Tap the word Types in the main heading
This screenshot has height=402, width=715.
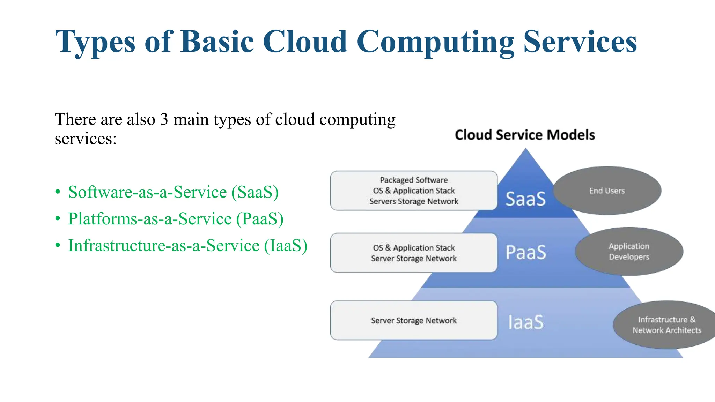click(95, 42)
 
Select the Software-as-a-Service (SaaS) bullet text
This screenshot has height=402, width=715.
click(173, 192)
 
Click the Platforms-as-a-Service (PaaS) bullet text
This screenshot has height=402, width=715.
click(176, 219)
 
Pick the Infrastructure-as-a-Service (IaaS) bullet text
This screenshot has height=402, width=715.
click(187, 246)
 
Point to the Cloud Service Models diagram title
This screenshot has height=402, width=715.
click(525, 135)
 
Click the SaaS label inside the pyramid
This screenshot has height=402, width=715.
click(525, 199)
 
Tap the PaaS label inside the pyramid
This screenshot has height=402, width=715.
click(526, 253)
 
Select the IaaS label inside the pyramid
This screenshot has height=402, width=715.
click(526, 322)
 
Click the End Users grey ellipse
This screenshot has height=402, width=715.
click(607, 191)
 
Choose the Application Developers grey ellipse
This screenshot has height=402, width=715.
click(629, 252)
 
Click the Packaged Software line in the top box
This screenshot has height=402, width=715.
click(414, 180)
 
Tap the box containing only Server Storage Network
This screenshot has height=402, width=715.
click(414, 320)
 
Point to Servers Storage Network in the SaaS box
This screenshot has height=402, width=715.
click(414, 201)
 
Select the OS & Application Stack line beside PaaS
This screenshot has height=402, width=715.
click(414, 248)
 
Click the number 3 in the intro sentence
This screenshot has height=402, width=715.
click(164, 120)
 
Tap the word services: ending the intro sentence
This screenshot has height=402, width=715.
click(86, 139)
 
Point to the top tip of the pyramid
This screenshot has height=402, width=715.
click(525, 150)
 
